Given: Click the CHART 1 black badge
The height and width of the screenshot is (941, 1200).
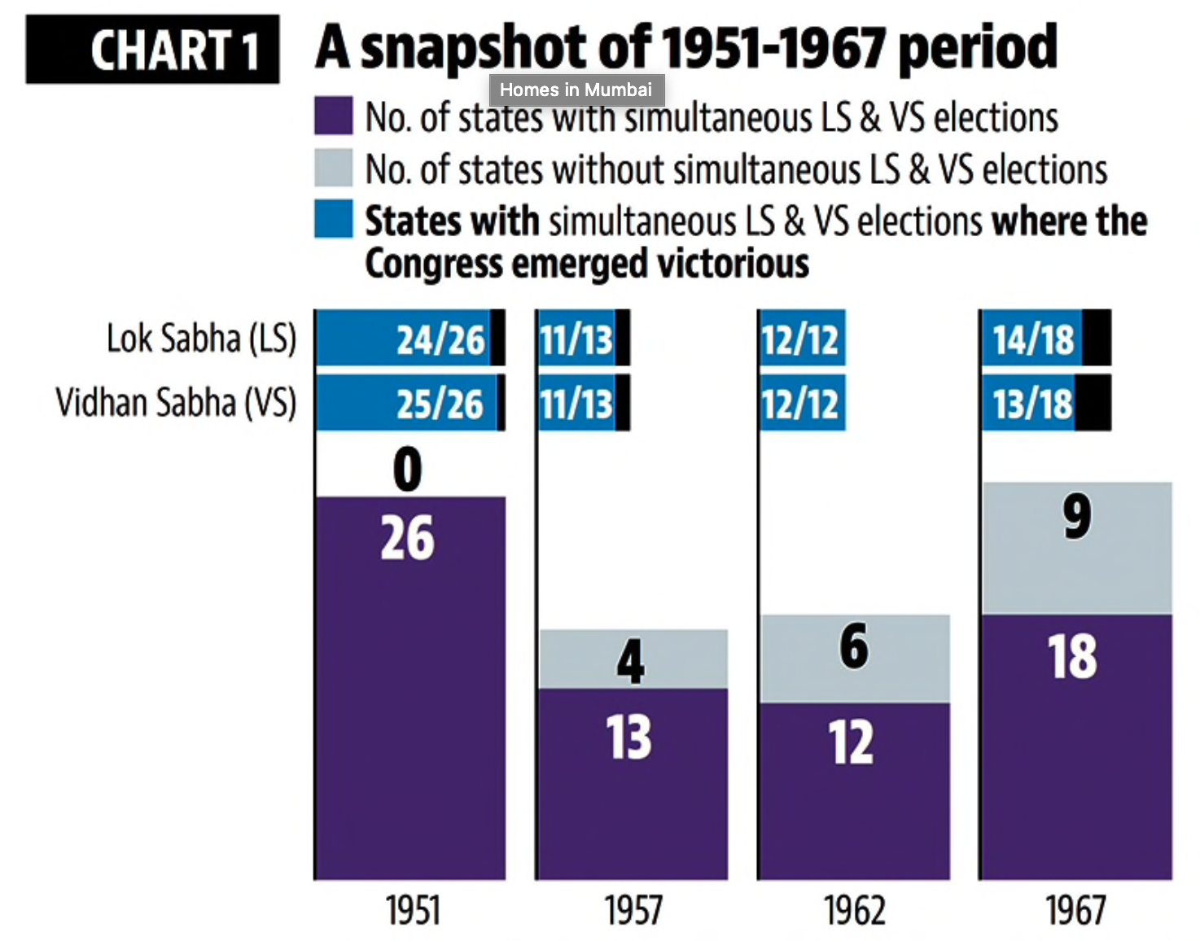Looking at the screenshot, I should (152, 50).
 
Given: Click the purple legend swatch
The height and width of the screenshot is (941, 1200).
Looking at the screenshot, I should (333, 116).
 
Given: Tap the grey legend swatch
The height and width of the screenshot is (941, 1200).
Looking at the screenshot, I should (333, 168).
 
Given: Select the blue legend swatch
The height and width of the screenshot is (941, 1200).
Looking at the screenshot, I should (333, 219).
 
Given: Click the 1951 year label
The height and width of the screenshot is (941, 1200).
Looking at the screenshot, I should (413, 910).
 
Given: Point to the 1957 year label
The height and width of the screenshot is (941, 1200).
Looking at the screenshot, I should (633, 910).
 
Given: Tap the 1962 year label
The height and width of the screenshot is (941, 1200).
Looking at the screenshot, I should (854, 910).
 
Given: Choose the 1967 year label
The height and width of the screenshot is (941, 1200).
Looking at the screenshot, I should (1075, 910).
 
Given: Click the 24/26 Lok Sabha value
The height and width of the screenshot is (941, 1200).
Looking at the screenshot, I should (440, 339).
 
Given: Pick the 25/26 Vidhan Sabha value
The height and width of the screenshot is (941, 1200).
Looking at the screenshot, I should (440, 404).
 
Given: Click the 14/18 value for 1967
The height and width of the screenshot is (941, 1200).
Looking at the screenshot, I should (1033, 339).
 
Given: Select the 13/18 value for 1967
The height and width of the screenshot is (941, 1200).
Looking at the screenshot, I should (1032, 404).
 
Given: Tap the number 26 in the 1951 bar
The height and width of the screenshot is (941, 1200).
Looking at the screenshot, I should (408, 538).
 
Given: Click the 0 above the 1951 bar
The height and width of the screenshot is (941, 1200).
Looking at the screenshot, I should (408, 470).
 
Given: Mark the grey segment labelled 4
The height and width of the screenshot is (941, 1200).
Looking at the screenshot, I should (632, 659).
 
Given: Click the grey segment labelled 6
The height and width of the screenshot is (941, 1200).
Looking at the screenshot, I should (854, 658).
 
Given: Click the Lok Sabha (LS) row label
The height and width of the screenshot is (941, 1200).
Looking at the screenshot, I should (201, 339).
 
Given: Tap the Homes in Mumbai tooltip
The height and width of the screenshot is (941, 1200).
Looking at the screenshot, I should (576, 90).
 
